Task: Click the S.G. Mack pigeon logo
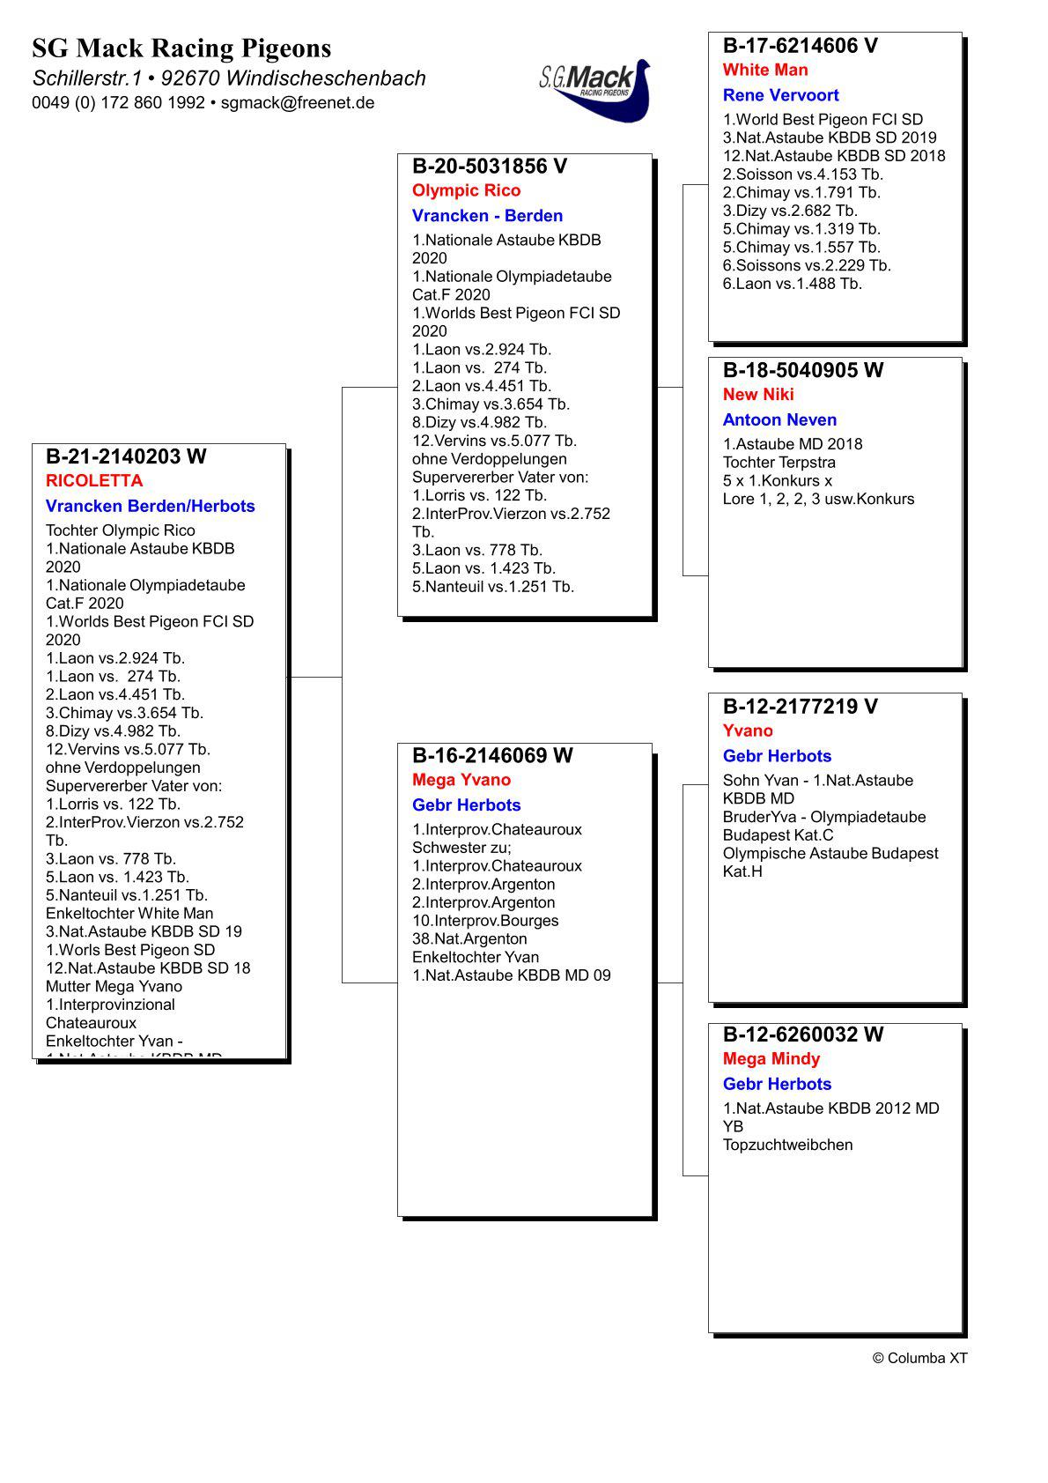coord(594,88)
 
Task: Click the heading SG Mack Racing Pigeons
coord(181,48)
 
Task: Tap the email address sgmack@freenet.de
coord(298,103)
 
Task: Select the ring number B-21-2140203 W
coord(126,456)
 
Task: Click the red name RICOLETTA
coord(94,481)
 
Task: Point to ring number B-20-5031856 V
coord(490,167)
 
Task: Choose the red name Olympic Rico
coord(466,191)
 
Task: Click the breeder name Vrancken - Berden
coord(487,216)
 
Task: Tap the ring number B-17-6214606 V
coord(800,46)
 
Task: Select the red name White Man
coord(765,70)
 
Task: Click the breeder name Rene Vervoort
coord(780,95)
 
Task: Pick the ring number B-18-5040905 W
coord(802,370)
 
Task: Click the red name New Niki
coord(758,395)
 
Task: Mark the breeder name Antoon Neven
coord(779,420)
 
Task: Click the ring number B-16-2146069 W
coord(492,755)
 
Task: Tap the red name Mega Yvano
coord(461,780)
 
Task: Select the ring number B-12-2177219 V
coord(800,706)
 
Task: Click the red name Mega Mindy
coord(771,1059)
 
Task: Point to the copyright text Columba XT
coord(919,1358)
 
